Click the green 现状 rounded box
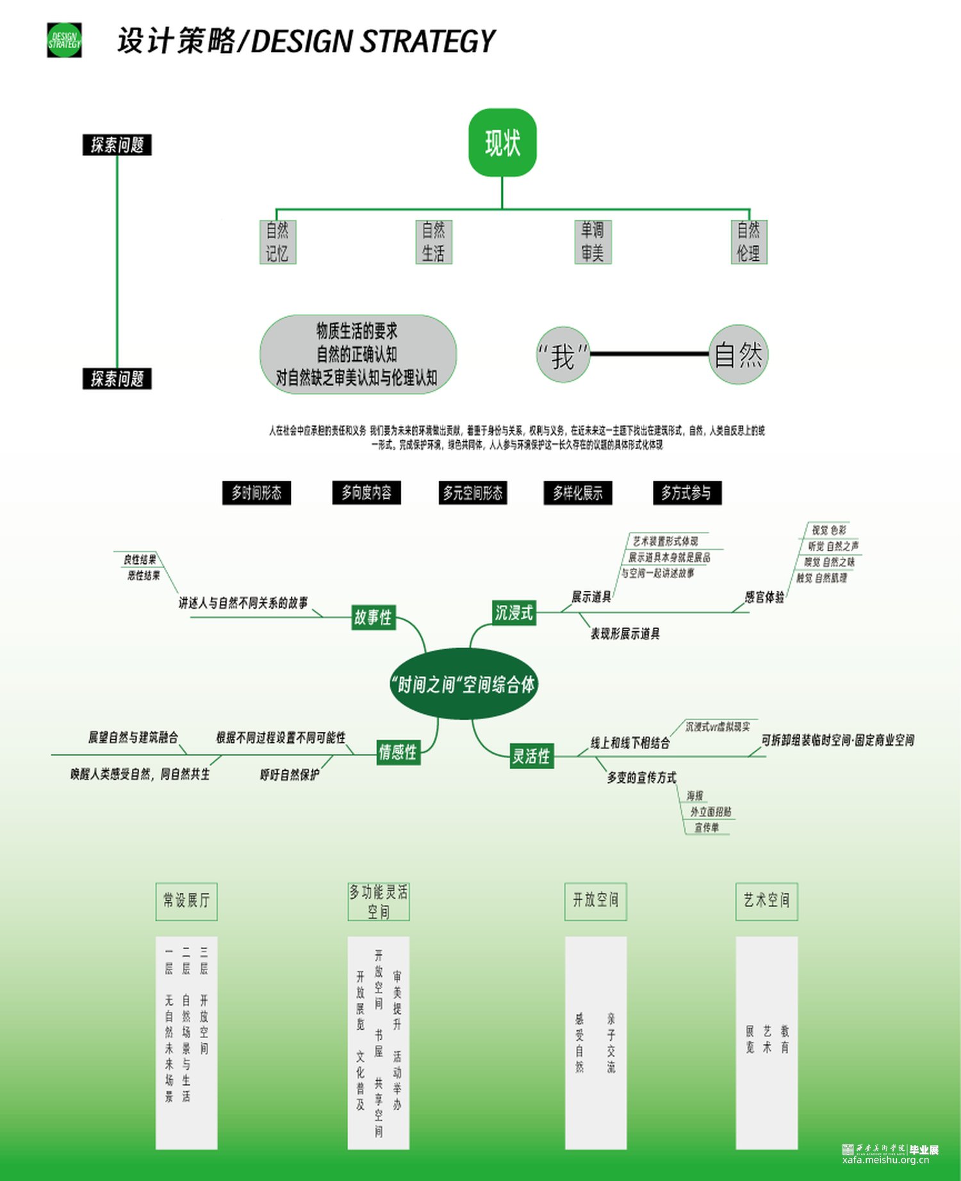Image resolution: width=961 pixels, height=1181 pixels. point(502,142)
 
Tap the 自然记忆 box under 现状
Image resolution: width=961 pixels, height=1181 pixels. point(277,242)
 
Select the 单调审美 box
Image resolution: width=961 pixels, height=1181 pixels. point(593,242)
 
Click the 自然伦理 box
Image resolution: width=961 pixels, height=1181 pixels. point(748,242)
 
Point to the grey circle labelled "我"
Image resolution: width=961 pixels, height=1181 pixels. point(563,355)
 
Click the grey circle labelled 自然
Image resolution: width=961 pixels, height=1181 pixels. point(738,354)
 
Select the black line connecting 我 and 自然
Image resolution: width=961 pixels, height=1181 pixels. point(648,353)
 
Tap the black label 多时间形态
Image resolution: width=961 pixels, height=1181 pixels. point(256,493)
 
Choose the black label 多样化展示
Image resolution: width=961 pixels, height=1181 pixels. point(577,493)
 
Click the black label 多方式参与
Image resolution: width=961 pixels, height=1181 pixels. point(686,493)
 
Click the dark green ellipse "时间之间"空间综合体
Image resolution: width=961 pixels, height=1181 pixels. point(464,684)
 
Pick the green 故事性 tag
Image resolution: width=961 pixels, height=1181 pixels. point(373,617)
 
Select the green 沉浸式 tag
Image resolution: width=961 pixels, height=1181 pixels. point(513,613)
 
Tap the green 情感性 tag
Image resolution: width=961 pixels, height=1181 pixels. point(398,752)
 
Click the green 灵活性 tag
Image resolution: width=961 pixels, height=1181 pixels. point(531,756)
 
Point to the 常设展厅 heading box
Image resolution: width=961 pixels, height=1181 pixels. point(186,901)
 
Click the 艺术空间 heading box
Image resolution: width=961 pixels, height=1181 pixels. point(766,900)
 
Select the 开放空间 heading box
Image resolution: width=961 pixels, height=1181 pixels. point(595,900)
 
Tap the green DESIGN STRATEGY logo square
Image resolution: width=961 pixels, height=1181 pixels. point(64,40)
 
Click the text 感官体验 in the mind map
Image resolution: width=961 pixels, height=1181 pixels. point(764,597)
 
